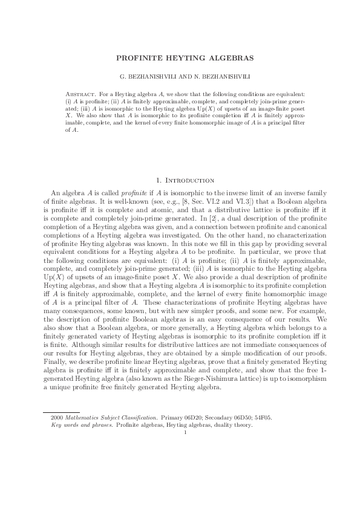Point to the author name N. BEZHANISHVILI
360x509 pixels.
[x=213, y=79]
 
